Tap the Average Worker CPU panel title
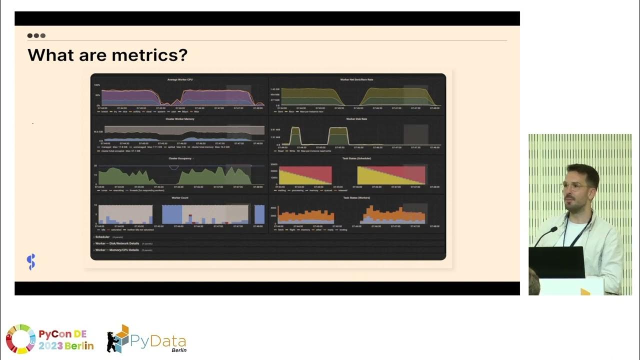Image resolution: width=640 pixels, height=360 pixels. click(x=179, y=80)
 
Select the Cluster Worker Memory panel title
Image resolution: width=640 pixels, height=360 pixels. click(x=179, y=119)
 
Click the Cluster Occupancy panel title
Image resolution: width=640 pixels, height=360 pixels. click(x=180, y=158)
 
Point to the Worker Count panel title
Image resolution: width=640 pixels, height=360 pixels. click(x=179, y=197)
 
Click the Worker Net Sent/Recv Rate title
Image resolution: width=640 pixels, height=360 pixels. click(x=356, y=80)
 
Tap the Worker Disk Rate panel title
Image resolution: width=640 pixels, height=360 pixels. click(x=356, y=119)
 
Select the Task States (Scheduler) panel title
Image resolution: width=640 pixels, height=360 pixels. click(x=356, y=158)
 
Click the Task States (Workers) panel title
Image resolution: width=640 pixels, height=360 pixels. click(x=356, y=197)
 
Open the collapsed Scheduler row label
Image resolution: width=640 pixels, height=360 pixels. click(x=102, y=237)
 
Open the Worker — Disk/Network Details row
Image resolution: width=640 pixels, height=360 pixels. click(x=118, y=243)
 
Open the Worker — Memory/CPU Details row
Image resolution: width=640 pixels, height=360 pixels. click(x=117, y=249)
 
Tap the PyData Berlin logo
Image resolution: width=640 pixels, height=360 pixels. click(x=146, y=340)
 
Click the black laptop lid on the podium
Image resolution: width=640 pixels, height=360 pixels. click(x=556, y=262)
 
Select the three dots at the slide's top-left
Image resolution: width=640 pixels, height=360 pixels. click(x=36, y=35)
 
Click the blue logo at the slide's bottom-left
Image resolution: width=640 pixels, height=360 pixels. click(x=31, y=261)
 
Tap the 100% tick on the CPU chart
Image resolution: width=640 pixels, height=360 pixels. click(x=97, y=85)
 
